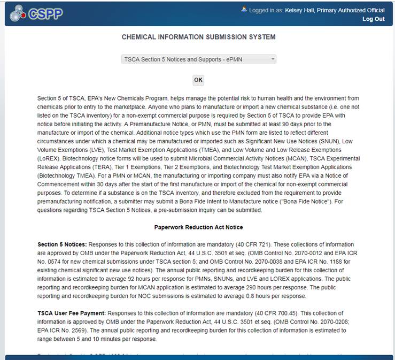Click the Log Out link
(373, 19)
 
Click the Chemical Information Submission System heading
(199, 37)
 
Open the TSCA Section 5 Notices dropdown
(199, 59)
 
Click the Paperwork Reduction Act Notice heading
(198, 227)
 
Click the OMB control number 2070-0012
(280, 253)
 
